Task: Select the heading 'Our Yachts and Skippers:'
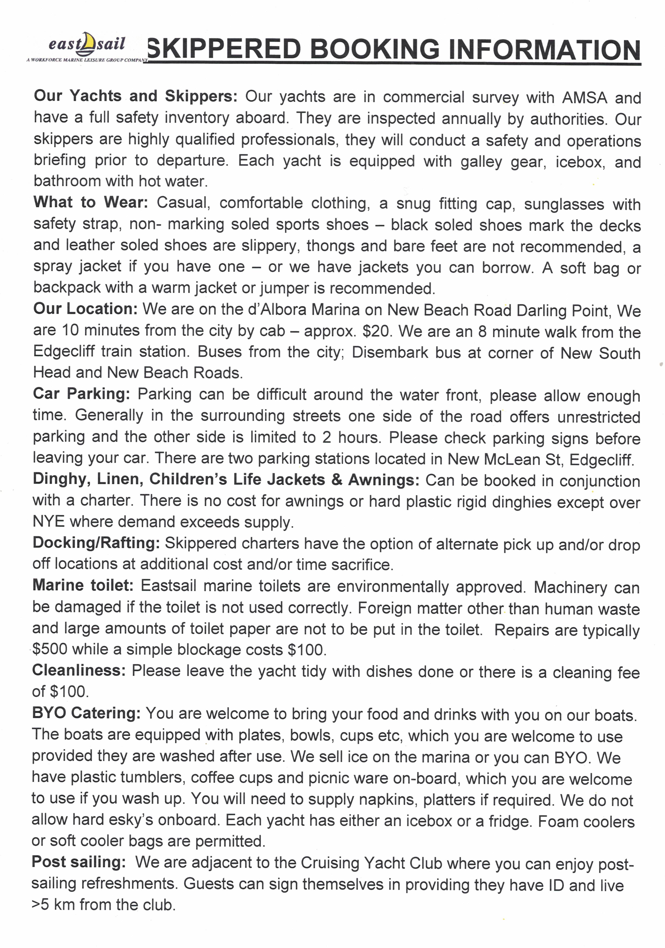pos(135,96)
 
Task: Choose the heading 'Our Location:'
pos(85,309)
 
